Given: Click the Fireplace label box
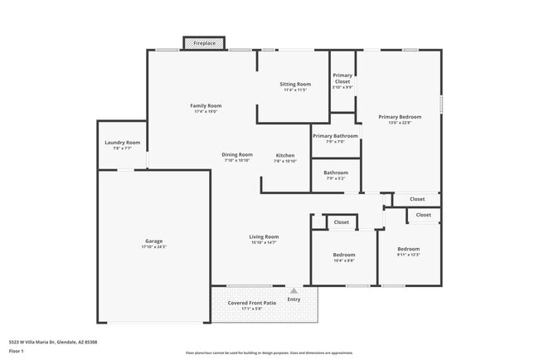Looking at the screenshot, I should (x=204, y=42).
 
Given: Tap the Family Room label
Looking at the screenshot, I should (x=206, y=105).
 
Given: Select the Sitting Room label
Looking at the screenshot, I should (x=294, y=84).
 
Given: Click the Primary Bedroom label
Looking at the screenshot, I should (x=400, y=117).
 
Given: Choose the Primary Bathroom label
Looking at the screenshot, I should (x=335, y=135).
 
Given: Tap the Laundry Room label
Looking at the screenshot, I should (x=122, y=142).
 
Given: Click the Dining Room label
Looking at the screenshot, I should (x=236, y=154).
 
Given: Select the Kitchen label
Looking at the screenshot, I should (x=284, y=155).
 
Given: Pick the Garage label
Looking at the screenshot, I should (x=153, y=241).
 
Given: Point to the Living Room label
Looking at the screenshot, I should (x=264, y=236).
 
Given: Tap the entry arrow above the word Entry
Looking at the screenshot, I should (x=293, y=290).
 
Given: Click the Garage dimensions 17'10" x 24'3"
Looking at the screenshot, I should (x=153, y=247).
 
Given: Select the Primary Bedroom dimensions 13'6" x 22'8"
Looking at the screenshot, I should (x=400, y=124).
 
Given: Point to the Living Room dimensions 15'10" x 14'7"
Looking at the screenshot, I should (x=264, y=242).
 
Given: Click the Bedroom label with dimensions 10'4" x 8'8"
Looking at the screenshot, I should (x=344, y=255).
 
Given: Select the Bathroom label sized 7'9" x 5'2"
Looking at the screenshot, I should (x=335, y=173).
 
